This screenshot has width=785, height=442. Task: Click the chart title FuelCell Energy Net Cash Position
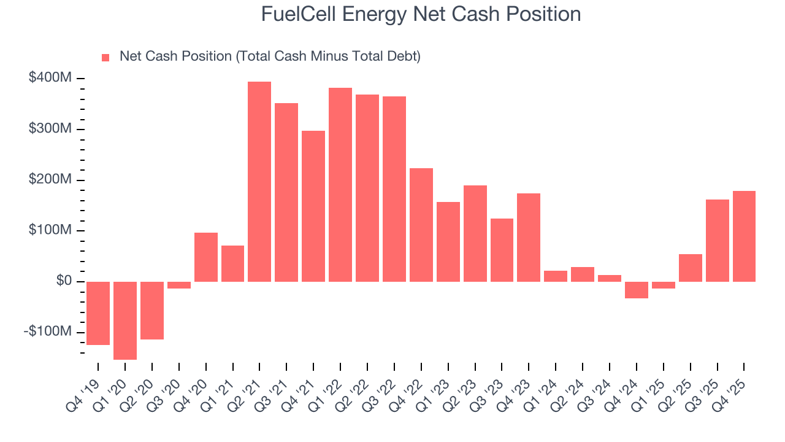coord(421,14)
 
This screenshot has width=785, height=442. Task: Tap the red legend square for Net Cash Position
coord(105,57)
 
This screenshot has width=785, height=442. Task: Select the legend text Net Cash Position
coord(270,56)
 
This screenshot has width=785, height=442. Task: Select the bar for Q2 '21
coord(259,182)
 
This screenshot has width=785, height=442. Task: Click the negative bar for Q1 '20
coord(125,320)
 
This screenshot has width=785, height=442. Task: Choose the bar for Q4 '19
coord(98,313)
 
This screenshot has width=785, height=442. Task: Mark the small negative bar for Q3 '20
coord(179,285)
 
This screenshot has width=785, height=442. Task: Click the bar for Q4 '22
coord(421,225)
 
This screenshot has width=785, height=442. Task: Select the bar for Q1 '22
coord(340,185)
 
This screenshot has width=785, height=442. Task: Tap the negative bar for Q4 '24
coord(637,290)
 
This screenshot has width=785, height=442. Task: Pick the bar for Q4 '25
coord(744,236)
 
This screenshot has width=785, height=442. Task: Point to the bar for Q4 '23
coord(529,238)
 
